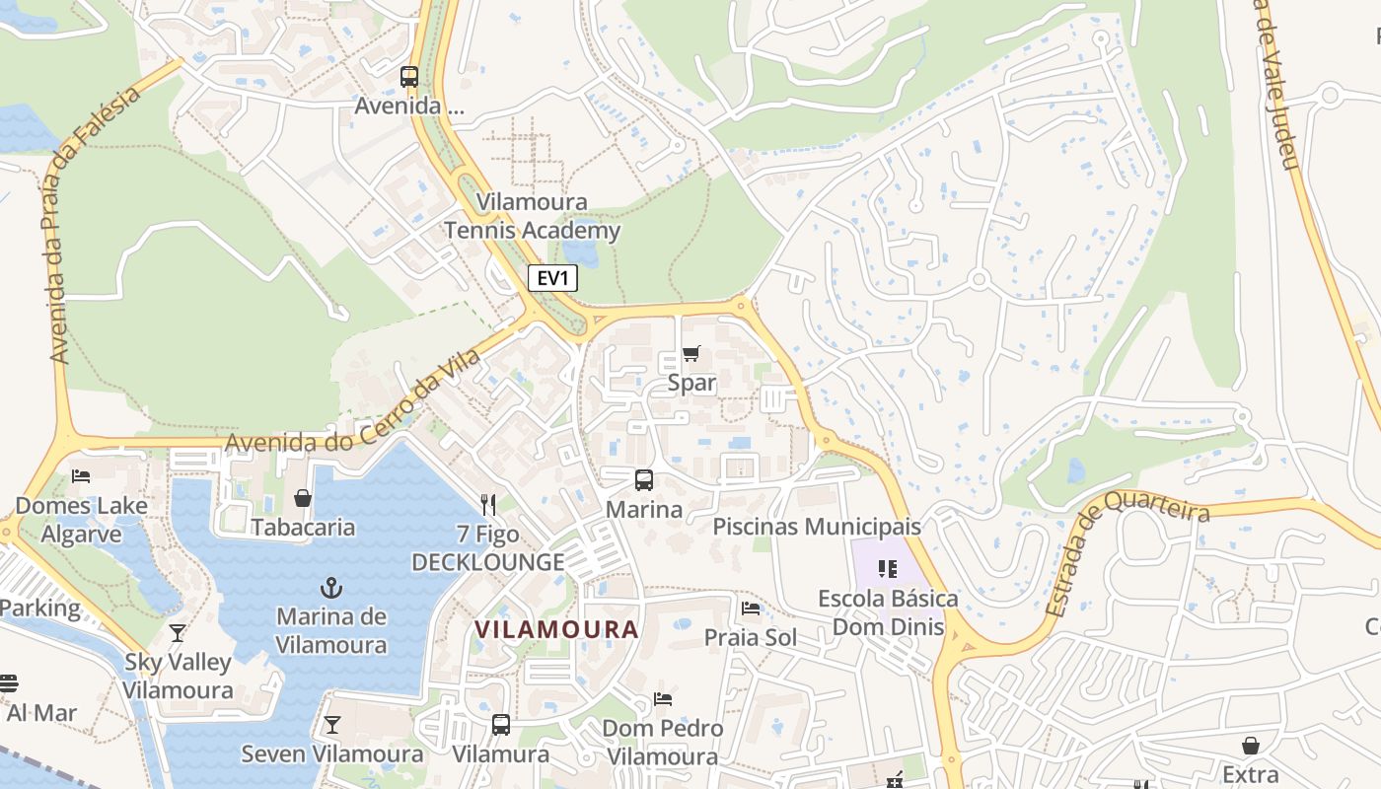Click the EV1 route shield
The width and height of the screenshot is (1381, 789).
pos(552,279)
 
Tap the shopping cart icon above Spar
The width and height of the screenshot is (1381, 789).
pos(691,354)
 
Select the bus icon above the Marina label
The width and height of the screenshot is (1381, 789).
pos(644,480)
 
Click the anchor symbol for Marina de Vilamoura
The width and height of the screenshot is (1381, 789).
pos(330,588)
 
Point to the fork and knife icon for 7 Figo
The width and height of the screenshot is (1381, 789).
pos(487,505)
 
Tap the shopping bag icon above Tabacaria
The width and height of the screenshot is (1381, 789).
pos(303,498)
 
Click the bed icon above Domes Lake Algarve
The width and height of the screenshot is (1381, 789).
pos(81,476)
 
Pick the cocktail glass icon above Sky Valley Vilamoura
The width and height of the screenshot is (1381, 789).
pos(178,632)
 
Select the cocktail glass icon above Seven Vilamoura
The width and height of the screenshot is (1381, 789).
pos(332,725)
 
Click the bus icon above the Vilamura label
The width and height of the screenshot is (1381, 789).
pos(501,725)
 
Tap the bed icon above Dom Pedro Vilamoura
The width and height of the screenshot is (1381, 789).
pos(663,699)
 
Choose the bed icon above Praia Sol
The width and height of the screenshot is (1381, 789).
pos(751,609)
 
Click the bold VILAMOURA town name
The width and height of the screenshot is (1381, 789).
pos(556,629)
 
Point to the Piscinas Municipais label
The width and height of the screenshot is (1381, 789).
pos(817,527)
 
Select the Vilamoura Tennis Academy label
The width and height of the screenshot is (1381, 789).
pos(533,217)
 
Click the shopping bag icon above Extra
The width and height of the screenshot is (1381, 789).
pos(1251,745)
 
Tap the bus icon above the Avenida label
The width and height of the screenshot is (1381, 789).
pos(408,76)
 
